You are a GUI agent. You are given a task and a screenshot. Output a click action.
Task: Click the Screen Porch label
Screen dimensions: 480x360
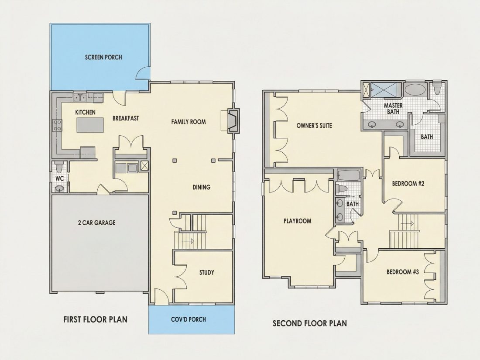[x=103, y=57]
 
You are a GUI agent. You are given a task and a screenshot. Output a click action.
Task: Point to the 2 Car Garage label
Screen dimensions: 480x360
[x=97, y=223]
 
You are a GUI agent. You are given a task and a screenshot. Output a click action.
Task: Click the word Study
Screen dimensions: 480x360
[x=207, y=272]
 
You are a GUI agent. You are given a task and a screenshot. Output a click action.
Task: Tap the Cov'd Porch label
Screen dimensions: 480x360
[x=188, y=319]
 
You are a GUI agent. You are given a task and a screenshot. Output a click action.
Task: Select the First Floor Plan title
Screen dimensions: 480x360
[x=95, y=319]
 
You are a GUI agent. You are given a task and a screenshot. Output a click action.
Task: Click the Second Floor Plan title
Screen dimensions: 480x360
[x=310, y=323]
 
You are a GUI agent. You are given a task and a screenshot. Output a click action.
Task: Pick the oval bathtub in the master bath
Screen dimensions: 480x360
[x=415, y=90]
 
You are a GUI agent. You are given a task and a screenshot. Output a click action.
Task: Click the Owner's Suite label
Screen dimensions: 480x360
[x=314, y=126]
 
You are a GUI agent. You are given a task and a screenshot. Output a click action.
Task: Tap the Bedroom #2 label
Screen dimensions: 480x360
[x=408, y=184]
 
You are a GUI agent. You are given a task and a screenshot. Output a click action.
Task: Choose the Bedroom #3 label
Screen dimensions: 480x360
[x=403, y=272]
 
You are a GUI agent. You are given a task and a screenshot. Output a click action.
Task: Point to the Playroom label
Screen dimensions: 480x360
[x=297, y=221]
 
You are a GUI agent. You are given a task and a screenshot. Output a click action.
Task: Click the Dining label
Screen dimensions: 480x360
[x=201, y=187]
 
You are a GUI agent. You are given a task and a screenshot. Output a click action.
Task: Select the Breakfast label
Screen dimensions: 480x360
[x=126, y=118]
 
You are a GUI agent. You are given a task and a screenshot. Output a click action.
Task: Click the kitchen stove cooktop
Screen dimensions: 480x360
[x=58, y=125]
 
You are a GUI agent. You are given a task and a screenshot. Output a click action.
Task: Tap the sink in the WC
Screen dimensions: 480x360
[x=59, y=188]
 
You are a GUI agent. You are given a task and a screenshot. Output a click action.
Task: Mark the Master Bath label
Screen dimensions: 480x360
[x=393, y=109]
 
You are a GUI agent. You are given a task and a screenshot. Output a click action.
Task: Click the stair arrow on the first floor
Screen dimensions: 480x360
[x=188, y=241]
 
